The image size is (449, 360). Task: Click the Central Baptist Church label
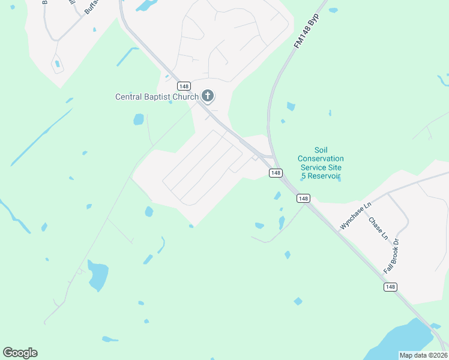pos(157,97)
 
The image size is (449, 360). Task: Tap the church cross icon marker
pos(208,95)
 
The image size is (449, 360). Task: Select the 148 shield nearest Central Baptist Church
pos(184,86)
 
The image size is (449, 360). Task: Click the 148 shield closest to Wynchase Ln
pos(303,199)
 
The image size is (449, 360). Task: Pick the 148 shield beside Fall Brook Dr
pos(390,287)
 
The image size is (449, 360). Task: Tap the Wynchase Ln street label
pos(356,215)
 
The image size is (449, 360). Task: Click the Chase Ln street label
pos(378,229)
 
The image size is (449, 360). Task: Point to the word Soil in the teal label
pos(321,150)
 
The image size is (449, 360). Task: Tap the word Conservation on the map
pos(321,158)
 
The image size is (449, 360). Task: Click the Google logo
pos(20,353)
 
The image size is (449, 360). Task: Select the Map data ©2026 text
pos(423,355)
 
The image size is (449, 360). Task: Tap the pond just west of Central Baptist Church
pos(139,119)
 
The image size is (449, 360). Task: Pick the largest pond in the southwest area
pos(98,275)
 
